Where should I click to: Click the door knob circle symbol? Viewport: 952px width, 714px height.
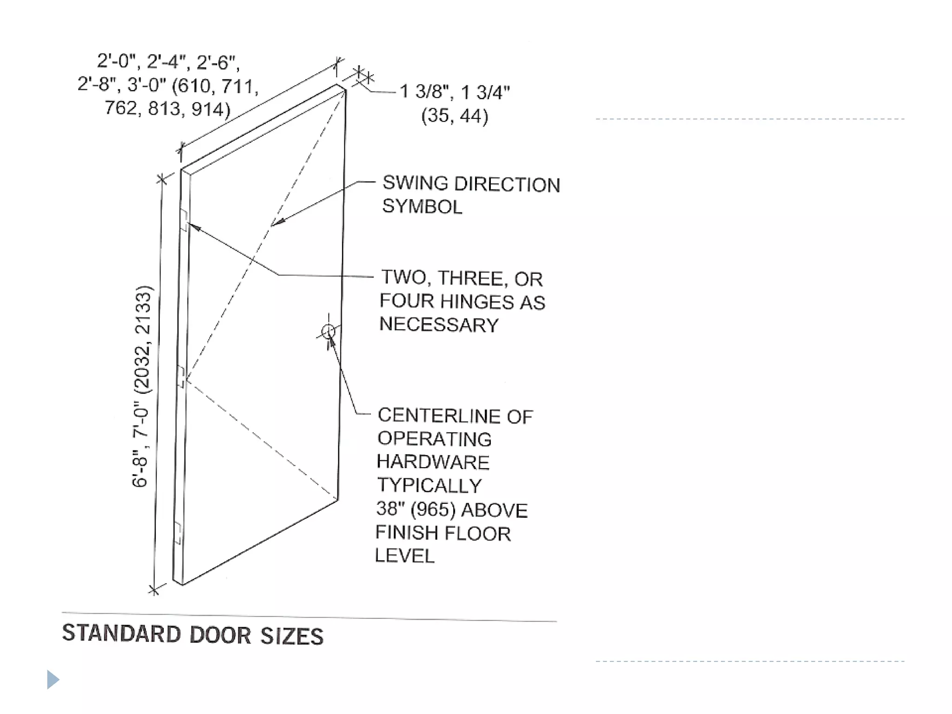(328, 331)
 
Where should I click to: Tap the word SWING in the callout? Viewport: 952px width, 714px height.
(415, 183)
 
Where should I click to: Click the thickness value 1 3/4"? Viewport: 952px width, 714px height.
(486, 92)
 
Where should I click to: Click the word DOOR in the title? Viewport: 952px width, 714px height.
(220, 635)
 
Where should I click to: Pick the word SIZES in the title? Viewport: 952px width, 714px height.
(291, 636)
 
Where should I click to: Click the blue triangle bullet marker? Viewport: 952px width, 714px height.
(53, 680)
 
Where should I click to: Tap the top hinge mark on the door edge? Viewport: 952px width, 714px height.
(184, 220)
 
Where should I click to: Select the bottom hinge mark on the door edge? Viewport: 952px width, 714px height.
(177, 533)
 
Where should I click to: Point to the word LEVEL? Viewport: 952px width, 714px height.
(404, 556)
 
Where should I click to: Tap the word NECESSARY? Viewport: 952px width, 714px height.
(439, 324)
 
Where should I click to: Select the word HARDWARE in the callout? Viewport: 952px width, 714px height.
(433, 462)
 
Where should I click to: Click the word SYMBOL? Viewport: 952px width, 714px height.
(422, 206)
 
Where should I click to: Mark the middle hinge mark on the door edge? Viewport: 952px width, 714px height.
(181, 377)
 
